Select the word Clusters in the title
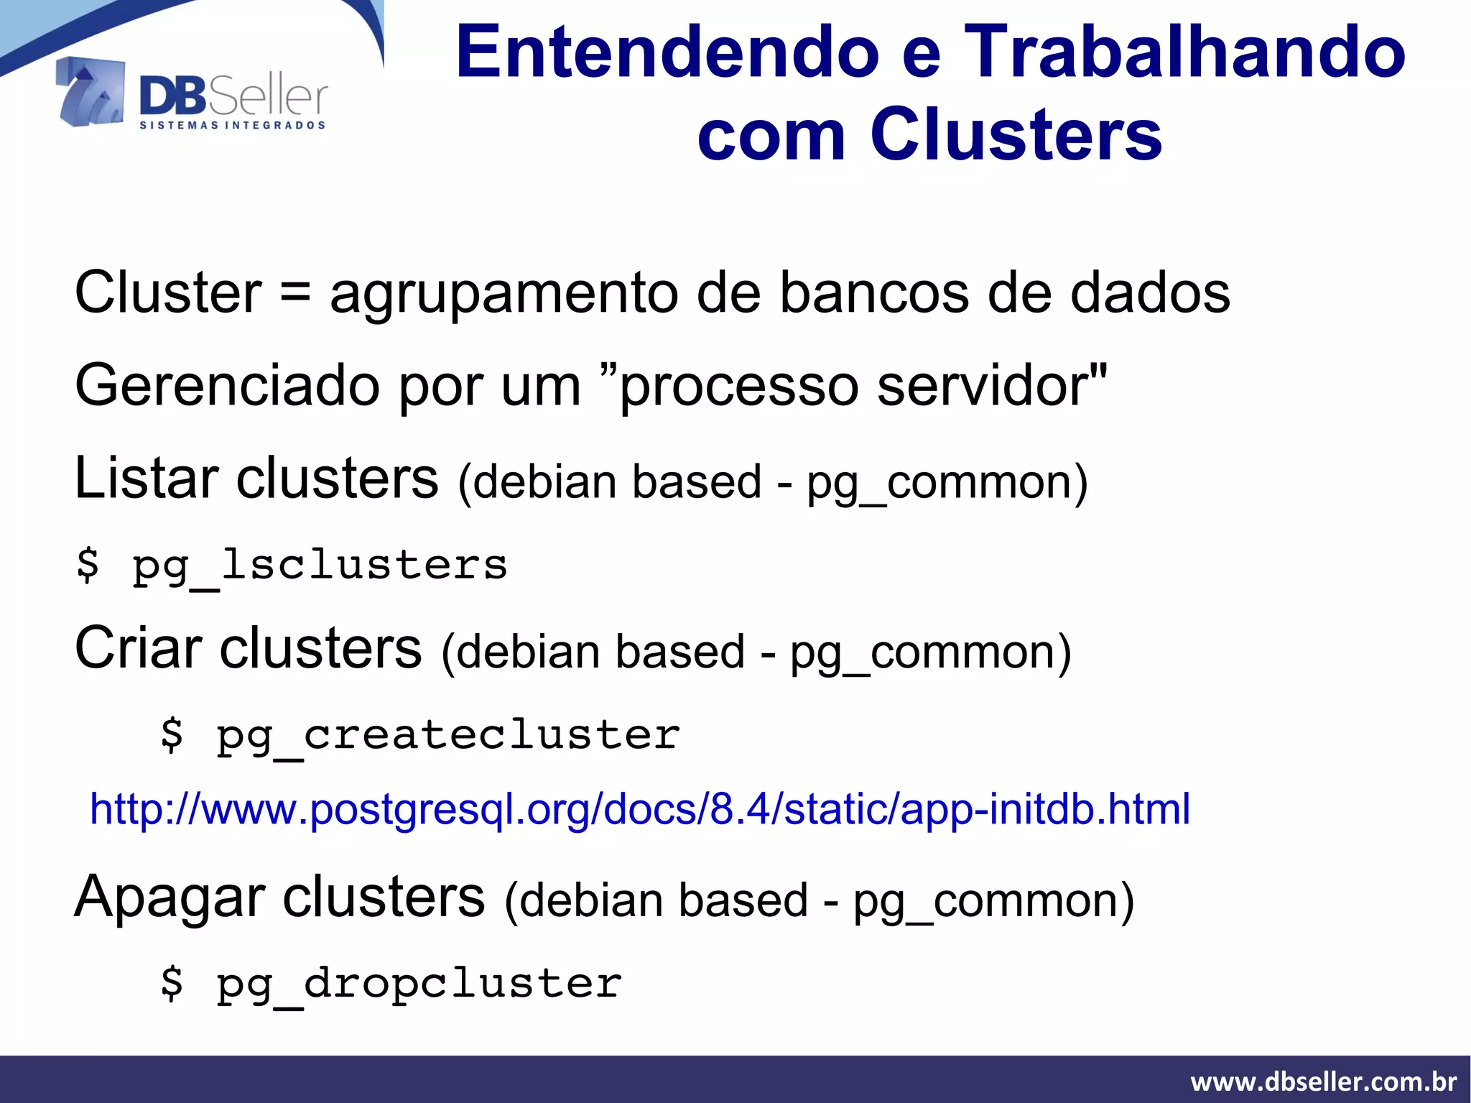1016,134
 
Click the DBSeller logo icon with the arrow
89,92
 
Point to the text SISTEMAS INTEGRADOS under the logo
232,126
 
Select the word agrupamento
504,294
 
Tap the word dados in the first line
1150,294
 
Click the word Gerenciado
227,386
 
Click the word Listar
147,479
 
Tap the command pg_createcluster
448,735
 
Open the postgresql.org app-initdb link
639,809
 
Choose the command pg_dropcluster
419,984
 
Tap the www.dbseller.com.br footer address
1323,1081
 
